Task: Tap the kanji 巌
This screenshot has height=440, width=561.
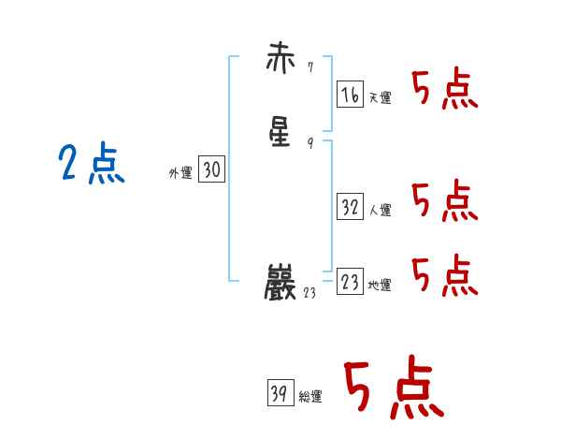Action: point(281,282)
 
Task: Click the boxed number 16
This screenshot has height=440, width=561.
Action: point(350,94)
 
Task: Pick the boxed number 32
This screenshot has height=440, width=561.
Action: point(350,207)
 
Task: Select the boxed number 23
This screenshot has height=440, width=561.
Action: point(350,282)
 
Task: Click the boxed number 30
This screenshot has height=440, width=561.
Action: point(211,169)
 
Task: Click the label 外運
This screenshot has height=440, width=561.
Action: point(180,173)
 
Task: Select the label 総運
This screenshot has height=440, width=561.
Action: point(310,397)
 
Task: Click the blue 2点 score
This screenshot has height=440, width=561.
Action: point(91,165)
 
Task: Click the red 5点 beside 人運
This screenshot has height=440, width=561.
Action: point(445,200)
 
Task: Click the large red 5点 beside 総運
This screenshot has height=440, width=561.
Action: point(393,388)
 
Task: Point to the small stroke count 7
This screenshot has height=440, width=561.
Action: point(309,66)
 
